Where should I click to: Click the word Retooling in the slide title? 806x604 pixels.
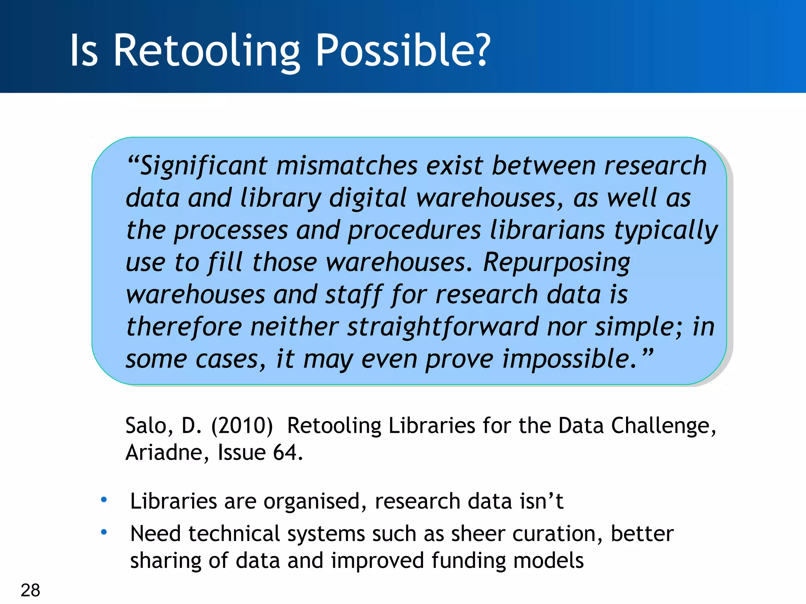click(207, 51)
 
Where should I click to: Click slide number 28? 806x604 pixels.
click(30, 590)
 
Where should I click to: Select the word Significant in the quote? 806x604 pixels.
click(204, 166)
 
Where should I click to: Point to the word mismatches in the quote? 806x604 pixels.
click(347, 166)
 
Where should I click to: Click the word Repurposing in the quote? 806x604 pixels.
click(556, 262)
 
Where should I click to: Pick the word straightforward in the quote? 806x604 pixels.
click(443, 327)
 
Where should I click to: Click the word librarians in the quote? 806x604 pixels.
click(547, 230)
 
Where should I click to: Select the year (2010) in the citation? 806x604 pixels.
click(242, 425)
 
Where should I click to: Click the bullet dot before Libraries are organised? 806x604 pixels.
click(104, 500)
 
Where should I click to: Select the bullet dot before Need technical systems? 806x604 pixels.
click(104, 532)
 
